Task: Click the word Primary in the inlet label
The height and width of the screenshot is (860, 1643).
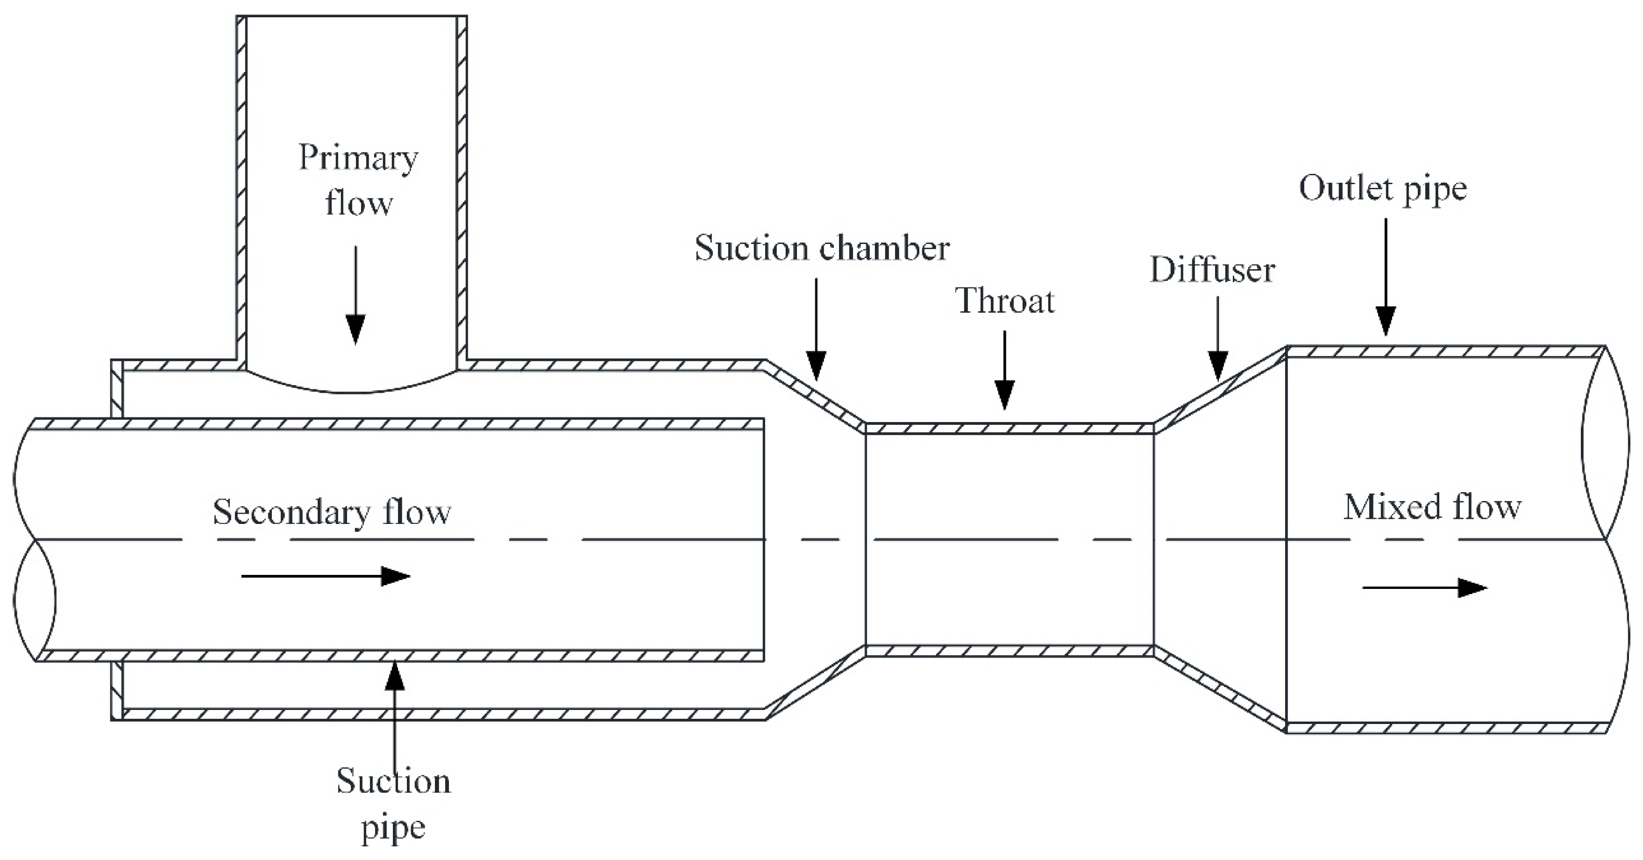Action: click(358, 159)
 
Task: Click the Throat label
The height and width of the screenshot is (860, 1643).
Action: click(1004, 301)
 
